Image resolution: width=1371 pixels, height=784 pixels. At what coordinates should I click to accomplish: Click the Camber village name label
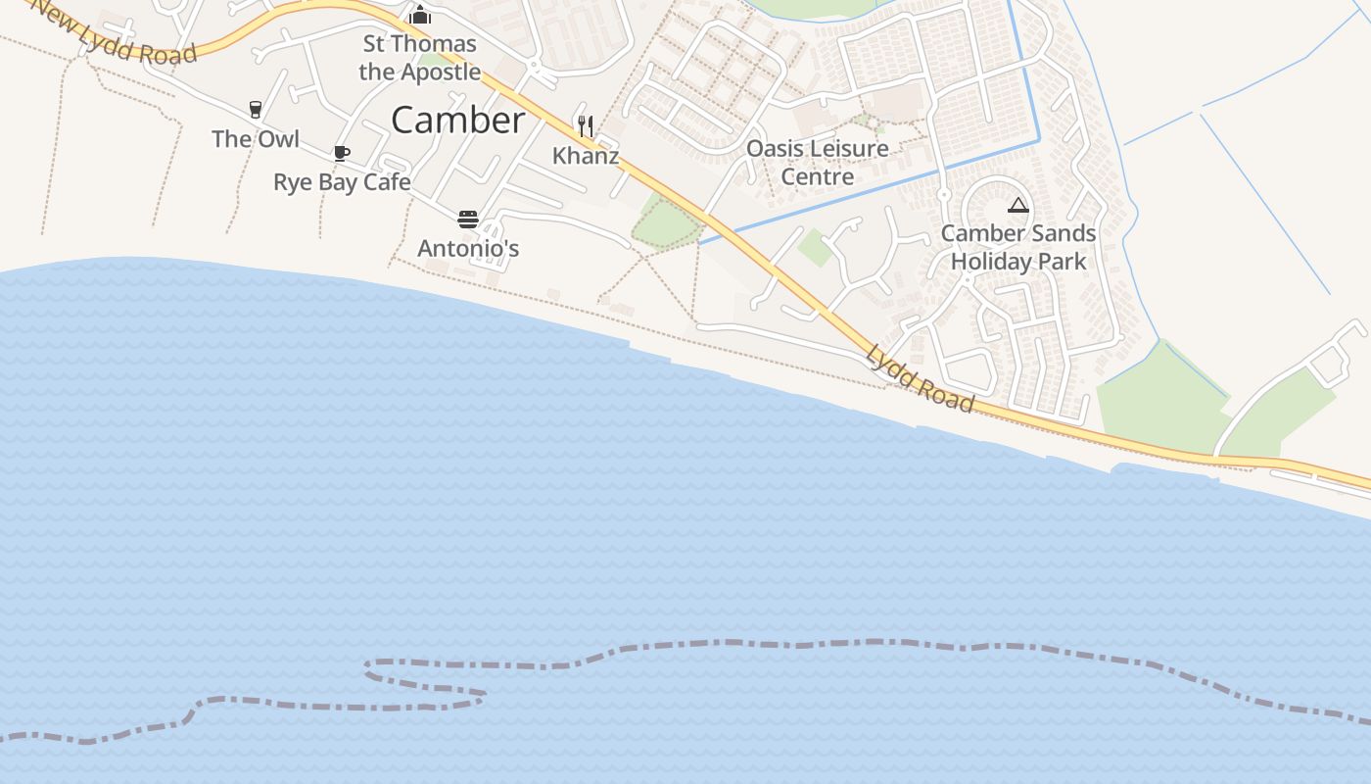(x=457, y=120)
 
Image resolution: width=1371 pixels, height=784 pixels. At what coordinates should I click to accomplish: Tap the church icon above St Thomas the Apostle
(x=420, y=15)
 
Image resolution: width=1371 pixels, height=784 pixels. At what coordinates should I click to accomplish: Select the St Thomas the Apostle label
(x=419, y=57)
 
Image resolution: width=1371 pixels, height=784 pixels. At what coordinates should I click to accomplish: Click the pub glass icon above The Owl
(x=256, y=109)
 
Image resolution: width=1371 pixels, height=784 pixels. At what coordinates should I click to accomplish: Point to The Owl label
(x=256, y=139)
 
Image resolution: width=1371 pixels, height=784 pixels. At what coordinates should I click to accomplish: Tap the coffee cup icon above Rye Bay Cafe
(x=341, y=153)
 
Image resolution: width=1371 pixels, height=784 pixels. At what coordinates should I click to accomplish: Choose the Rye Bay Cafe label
(x=341, y=182)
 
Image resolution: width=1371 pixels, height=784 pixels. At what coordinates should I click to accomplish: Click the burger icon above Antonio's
(x=468, y=219)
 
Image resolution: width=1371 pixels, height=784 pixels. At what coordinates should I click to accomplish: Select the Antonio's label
(x=468, y=249)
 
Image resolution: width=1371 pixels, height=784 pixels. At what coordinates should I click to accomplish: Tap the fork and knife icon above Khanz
(x=586, y=125)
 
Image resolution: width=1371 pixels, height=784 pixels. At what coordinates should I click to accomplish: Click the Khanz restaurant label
(x=586, y=156)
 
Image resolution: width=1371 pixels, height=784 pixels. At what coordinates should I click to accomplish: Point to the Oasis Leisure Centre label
(x=818, y=163)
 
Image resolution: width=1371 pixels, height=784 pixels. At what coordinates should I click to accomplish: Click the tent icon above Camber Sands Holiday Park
(x=1018, y=206)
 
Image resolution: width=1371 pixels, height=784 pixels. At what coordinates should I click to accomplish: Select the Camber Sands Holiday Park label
(x=1018, y=248)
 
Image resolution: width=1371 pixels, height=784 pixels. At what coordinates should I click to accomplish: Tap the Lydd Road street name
(x=920, y=379)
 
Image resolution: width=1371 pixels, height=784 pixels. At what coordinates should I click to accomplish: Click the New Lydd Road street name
(x=116, y=35)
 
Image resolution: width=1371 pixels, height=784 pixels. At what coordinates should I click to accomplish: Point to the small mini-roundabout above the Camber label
(x=534, y=67)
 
